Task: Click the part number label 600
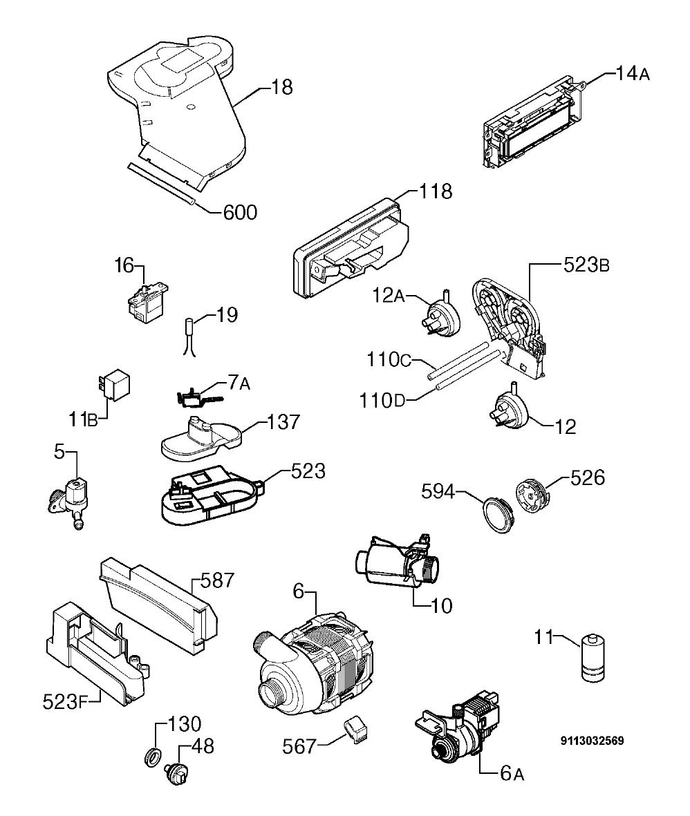pos(240,212)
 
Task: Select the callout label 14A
pos(632,73)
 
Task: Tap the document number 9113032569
pos(592,741)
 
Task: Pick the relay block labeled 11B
pos(115,385)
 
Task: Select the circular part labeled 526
pos(531,498)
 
